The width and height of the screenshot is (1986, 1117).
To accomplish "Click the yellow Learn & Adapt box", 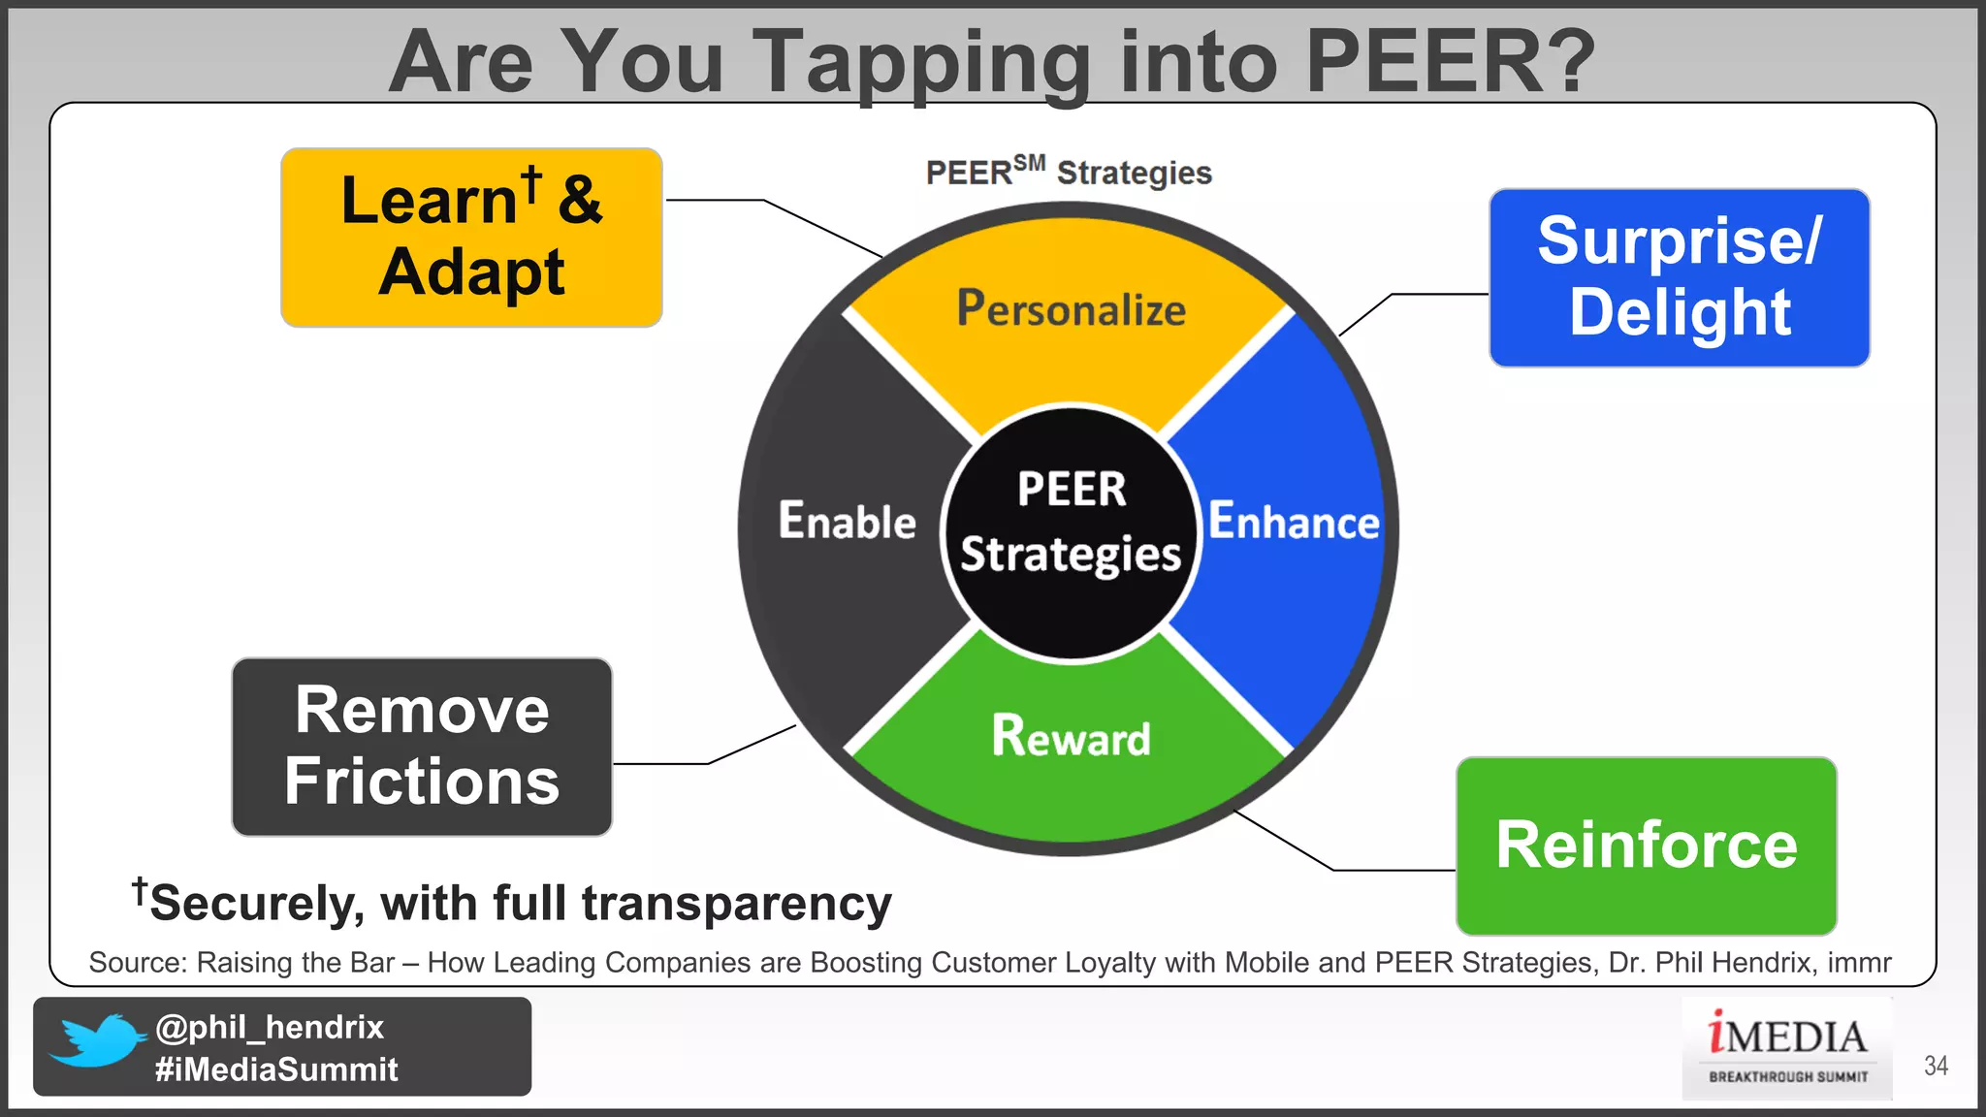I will (x=471, y=238).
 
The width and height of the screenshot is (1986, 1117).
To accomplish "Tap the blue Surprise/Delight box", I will (x=1679, y=278).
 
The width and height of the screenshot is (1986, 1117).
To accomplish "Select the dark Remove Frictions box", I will (x=422, y=747).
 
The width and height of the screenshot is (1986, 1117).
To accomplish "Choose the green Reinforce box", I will (x=1646, y=846).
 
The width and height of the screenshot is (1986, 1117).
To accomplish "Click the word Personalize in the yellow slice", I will (x=1071, y=309).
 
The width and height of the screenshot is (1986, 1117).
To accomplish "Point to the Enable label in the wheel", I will (x=847, y=521).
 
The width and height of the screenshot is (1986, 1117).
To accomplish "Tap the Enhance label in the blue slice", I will (x=1293, y=522).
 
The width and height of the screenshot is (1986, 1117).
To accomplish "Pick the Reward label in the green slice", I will (x=1071, y=736).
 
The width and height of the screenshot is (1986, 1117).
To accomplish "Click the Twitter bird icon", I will (x=97, y=1042).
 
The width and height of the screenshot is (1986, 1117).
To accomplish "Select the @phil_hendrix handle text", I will (x=270, y=1027).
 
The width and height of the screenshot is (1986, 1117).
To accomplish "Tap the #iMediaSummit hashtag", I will (x=276, y=1069).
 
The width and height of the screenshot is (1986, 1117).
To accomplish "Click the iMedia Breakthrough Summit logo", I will (x=1786, y=1048).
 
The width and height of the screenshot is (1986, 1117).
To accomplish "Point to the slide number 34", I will (x=1936, y=1066).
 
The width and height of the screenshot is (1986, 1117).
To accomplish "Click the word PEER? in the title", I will (x=1449, y=61).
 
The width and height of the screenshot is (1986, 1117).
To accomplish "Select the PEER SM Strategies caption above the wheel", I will (x=1069, y=173).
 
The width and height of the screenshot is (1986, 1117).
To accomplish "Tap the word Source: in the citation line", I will (x=138, y=963).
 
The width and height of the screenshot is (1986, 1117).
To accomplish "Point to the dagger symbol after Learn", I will (x=530, y=182).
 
